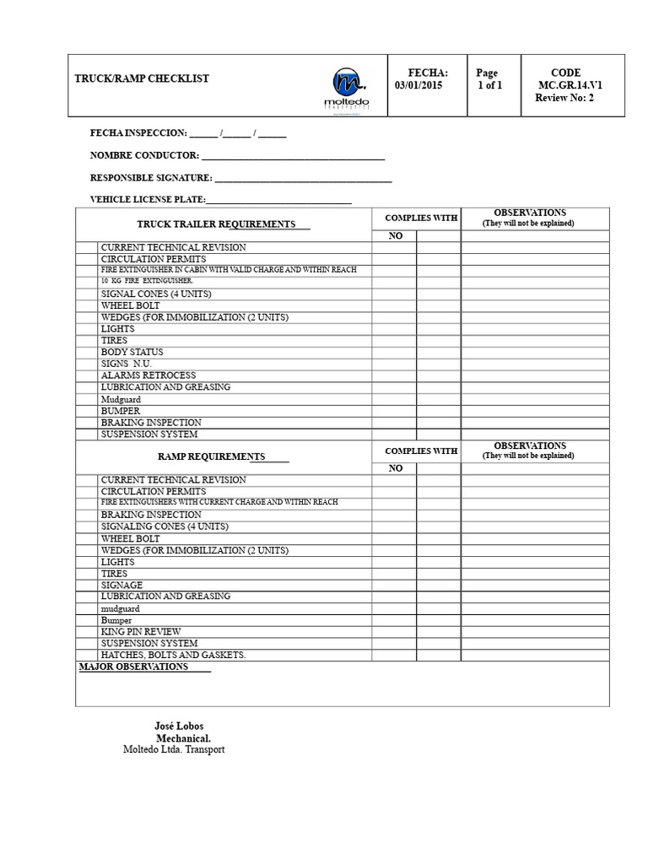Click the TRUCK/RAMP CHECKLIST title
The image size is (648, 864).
point(142,78)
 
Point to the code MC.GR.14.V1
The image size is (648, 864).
point(570,85)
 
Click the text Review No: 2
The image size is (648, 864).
point(564,98)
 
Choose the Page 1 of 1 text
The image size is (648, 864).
point(489,79)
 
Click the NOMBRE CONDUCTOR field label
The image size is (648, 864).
point(144,155)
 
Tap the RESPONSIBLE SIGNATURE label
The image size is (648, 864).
point(151,178)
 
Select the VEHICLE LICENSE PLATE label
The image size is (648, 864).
point(148,199)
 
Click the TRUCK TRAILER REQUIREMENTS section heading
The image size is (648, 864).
point(216,224)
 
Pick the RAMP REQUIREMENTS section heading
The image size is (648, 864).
point(212,456)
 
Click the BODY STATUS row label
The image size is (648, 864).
point(132,352)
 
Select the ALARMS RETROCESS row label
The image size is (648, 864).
point(148,375)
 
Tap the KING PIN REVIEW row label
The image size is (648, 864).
point(141,631)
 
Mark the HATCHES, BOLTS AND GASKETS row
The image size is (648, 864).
point(174,655)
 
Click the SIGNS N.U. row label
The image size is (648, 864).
point(127,364)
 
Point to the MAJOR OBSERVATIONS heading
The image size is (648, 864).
point(133,667)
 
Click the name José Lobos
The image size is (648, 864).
point(179,726)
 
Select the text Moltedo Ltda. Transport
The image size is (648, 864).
point(174,749)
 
